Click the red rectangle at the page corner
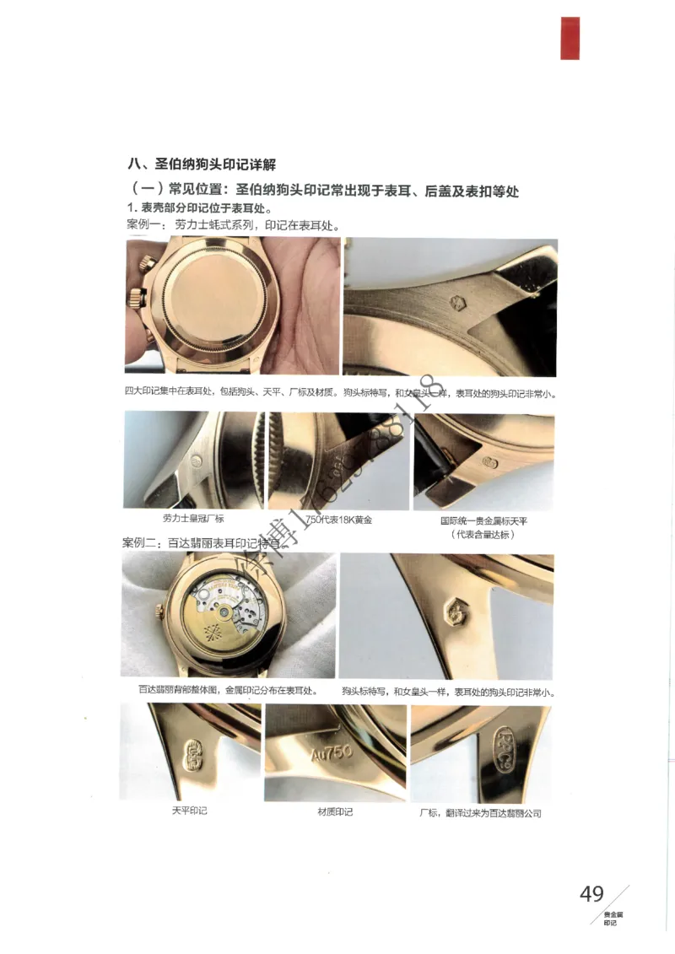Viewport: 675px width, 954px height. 570,38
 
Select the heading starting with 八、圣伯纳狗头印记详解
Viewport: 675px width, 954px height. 202,164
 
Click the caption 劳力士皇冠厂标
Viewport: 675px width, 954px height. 193,518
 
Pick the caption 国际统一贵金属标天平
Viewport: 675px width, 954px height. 483,521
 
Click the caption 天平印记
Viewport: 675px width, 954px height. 189,811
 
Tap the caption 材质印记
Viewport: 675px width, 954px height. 335,811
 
